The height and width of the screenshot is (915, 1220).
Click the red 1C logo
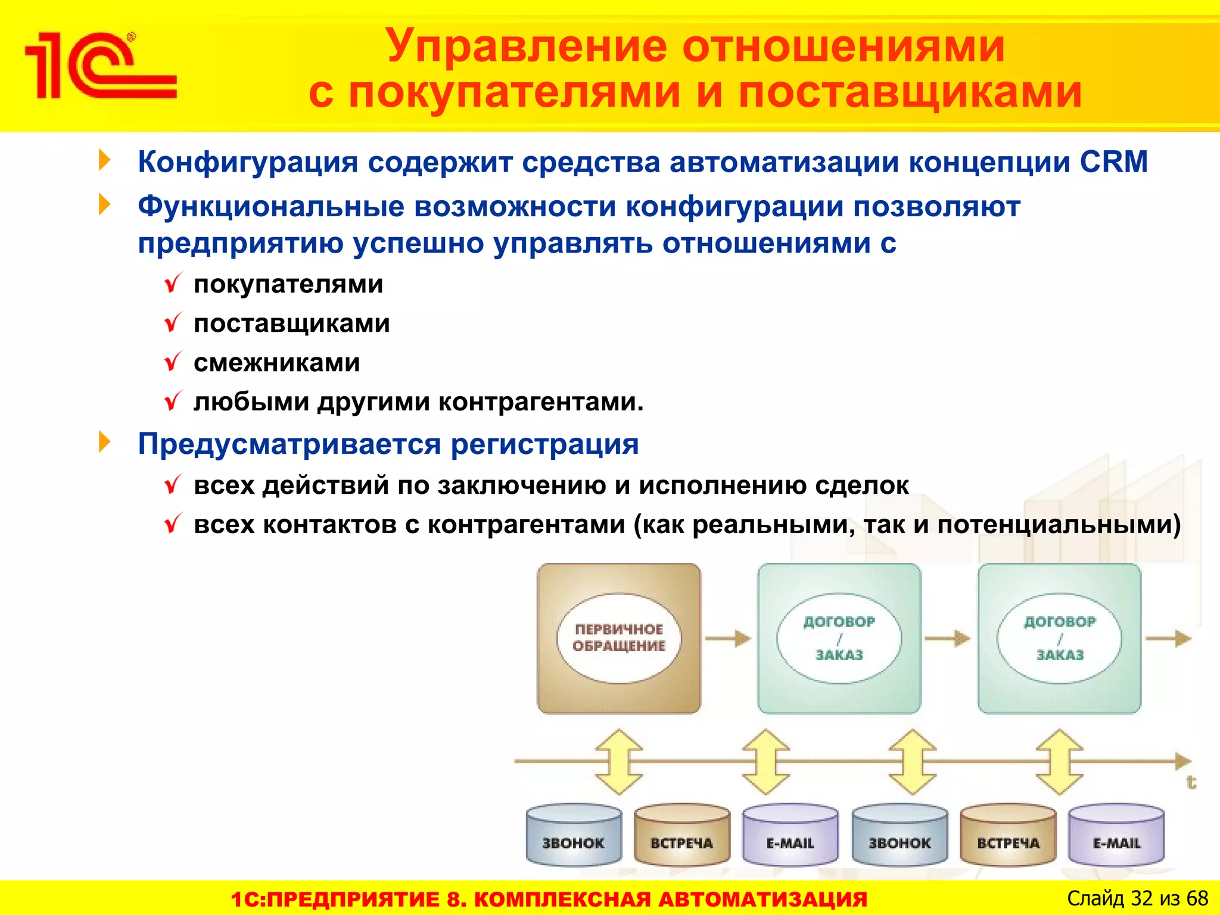(99, 66)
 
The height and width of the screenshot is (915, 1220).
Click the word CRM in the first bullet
(1113, 162)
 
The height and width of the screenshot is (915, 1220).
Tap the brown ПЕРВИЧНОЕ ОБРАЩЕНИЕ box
(619, 638)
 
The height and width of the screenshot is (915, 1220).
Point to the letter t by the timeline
(1190, 782)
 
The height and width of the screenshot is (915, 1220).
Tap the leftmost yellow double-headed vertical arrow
(619, 761)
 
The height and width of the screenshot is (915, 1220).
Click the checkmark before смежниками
(173, 362)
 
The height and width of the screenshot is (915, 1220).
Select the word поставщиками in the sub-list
(292, 323)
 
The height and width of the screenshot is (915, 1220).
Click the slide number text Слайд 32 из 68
(1137, 898)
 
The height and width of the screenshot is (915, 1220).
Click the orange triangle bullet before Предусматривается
(105, 442)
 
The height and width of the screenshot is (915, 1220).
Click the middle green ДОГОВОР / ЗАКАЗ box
(839, 638)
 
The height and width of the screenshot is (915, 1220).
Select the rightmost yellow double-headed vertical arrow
(1059, 761)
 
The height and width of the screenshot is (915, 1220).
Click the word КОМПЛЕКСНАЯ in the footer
(562, 899)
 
